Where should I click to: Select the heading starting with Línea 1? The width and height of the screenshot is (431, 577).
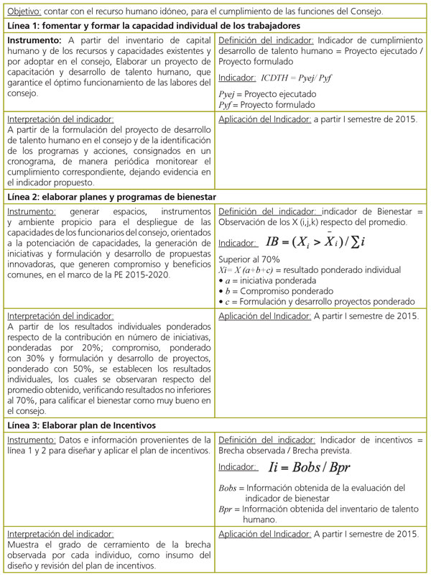(x=147, y=26)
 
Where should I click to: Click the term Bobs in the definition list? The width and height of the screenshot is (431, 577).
(x=227, y=488)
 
